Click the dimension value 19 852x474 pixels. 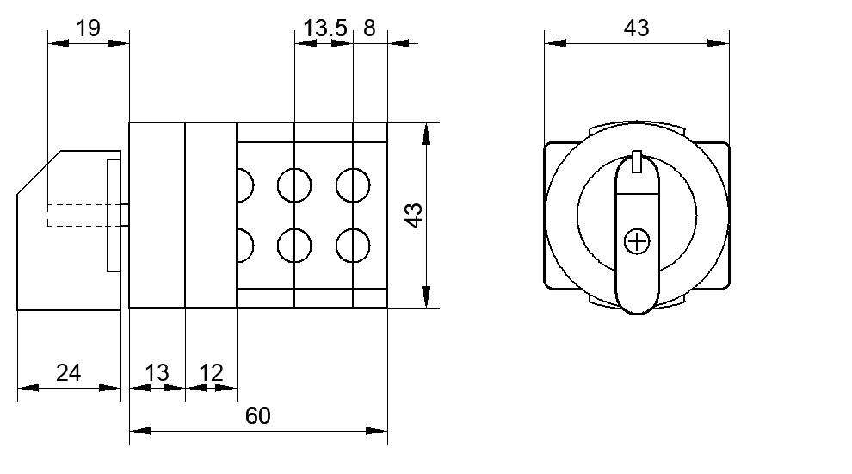click(x=88, y=28)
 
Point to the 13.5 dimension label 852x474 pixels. click(x=325, y=28)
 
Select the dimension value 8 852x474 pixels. click(x=369, y=28)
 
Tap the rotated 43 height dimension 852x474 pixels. click(x=414, y=215)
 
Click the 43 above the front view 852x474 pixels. click(x=636, y=28)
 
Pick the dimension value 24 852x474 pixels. click(x=69, y=373)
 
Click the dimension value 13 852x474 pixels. click(x=157, y=373)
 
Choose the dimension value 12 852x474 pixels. click(x=212, y=373)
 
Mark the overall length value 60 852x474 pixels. click(x=257, y=415)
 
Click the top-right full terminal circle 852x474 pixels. click(x=353, y=185)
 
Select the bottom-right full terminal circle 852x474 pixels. click(x=353, y=246)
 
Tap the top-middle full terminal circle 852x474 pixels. click(x=294, y=185)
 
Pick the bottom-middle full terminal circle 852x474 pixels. click(x=294, y=246)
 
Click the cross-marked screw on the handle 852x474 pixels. click(x=637, y=241)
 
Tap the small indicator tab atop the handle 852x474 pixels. click(x=637, y=162)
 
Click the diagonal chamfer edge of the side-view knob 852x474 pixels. click(x=39, y=172)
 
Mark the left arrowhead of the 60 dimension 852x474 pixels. click(x=140, y=431)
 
